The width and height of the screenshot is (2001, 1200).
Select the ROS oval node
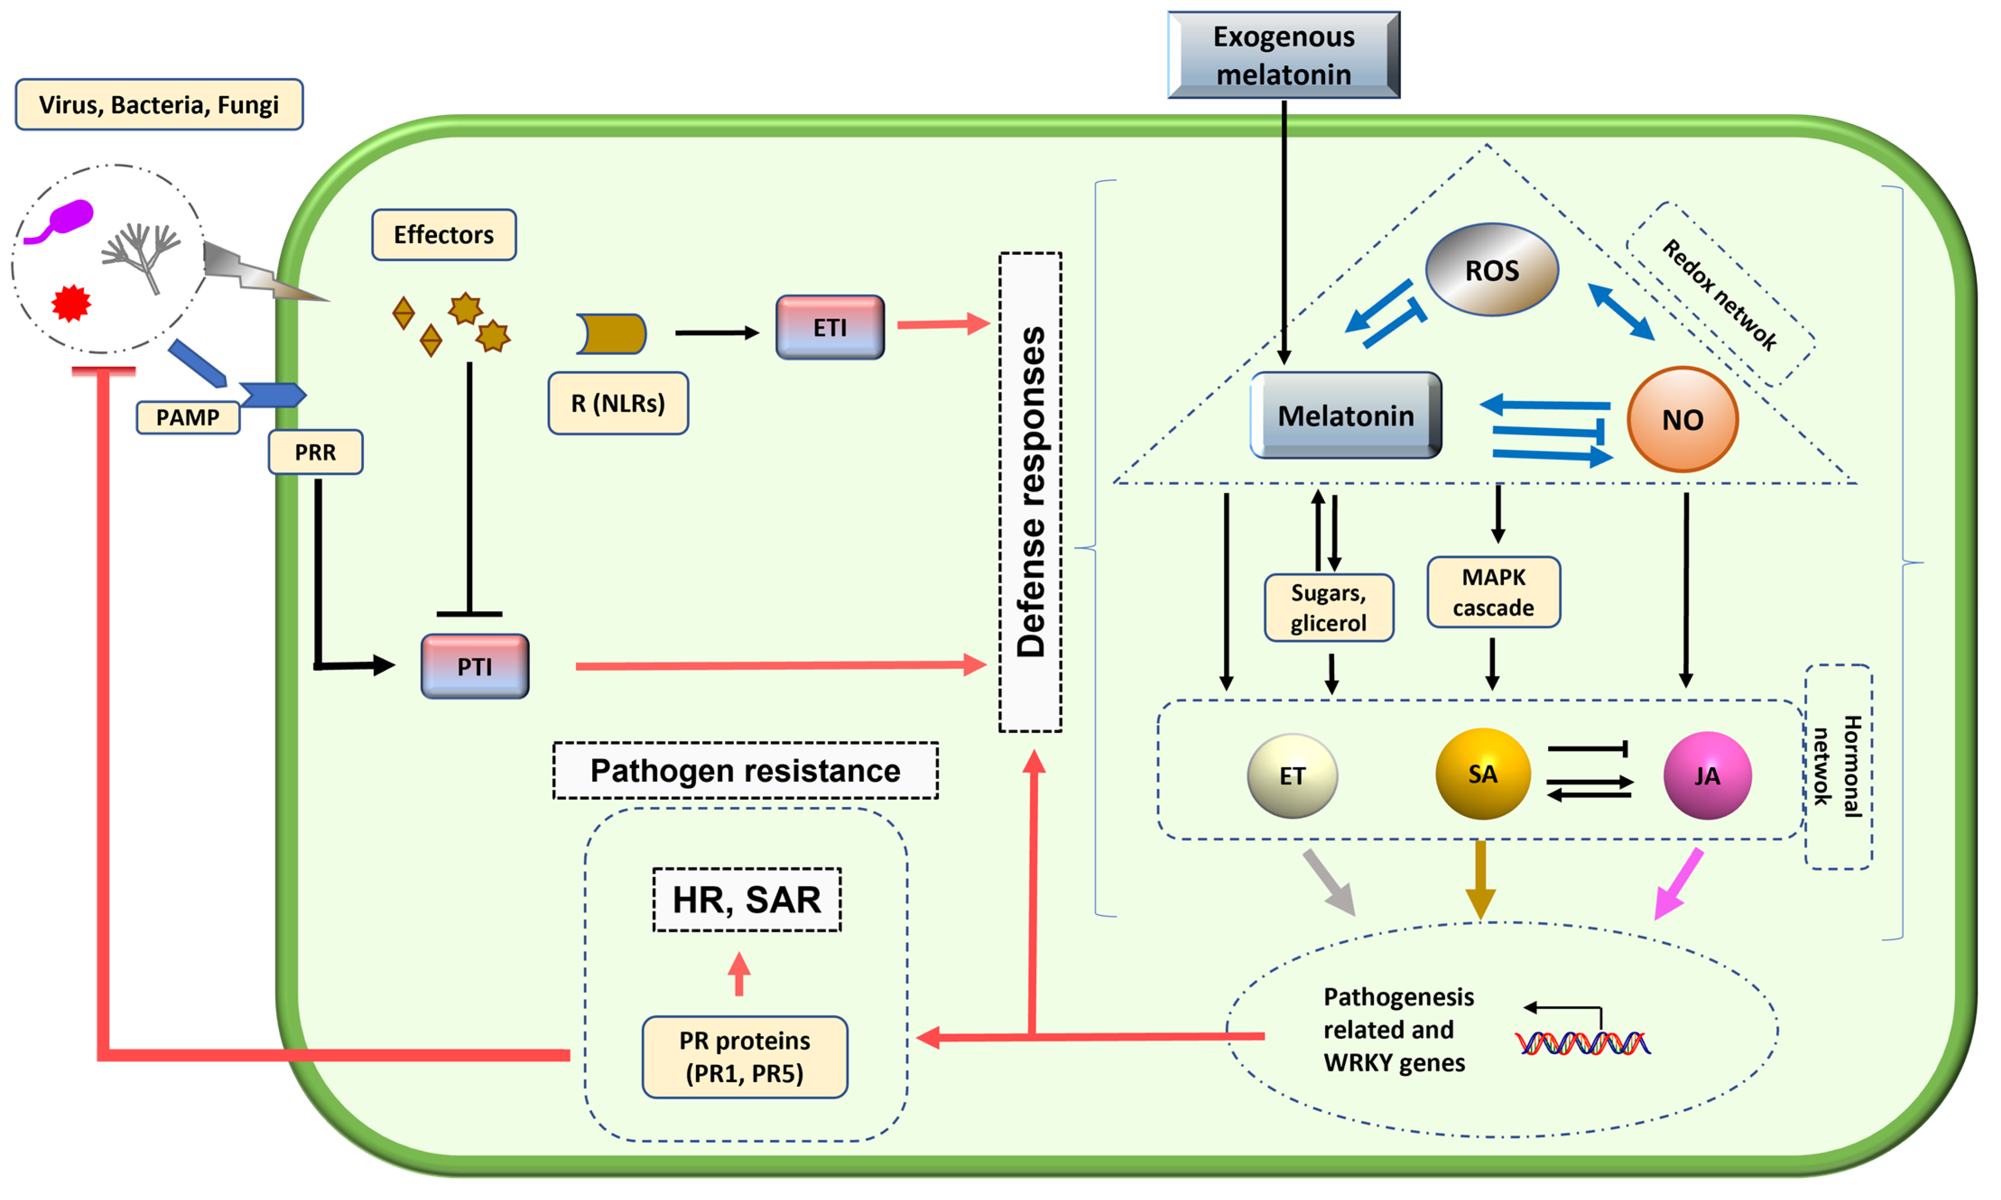(1491, 269)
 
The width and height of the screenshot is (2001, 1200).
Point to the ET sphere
(1292, 775)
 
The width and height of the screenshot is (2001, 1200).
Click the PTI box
(475, 666)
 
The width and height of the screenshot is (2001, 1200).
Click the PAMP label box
(188, 417)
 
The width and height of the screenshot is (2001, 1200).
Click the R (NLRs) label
(618, 403)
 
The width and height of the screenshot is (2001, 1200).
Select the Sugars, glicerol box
(1328, 607)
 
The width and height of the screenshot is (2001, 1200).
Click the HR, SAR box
(746, 899)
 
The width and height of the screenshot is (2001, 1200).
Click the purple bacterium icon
(65, 219)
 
